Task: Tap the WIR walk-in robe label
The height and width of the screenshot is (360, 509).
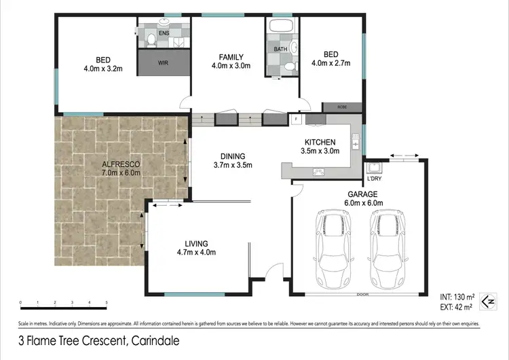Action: click(163, 63)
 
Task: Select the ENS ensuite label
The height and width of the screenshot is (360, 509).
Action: click(163, 31)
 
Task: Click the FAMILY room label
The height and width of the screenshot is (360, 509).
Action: click(231, 56)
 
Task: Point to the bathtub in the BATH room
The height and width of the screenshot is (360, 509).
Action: click(281, 28)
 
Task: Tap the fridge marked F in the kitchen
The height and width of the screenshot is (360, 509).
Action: click(297, 120)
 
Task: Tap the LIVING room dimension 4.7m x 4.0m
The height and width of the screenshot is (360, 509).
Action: click(196, 253)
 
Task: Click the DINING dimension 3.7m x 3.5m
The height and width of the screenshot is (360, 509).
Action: click(233, 164)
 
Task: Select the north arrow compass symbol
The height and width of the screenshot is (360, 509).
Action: click(486, 301)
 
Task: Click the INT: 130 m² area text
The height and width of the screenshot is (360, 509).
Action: click(455, 297)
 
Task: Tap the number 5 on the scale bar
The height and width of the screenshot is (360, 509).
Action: click(106, 302)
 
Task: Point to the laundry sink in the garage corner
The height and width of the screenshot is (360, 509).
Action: click(374, 168)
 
